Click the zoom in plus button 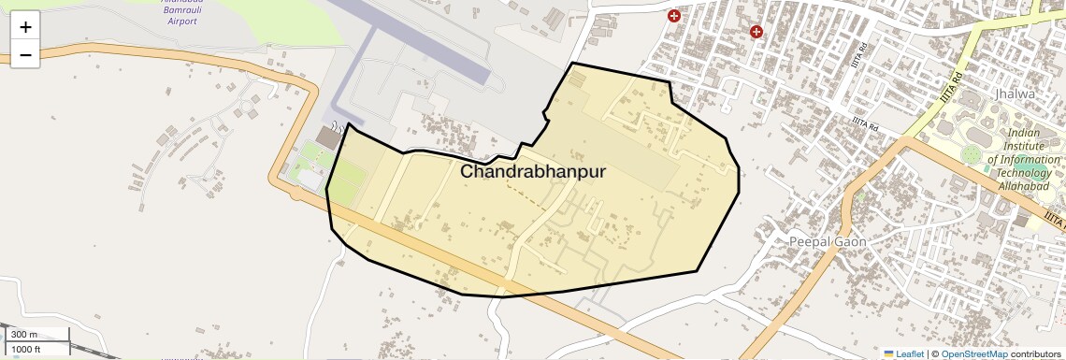point(25,26)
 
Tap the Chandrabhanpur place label point(533,172)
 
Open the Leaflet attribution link point(909,353)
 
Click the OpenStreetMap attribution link point(973,353)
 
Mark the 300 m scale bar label point(24,335)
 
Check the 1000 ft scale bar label point(25,349)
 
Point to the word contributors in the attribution point(1036,353)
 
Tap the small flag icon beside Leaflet point(888,353)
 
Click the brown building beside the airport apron point(328,138)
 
